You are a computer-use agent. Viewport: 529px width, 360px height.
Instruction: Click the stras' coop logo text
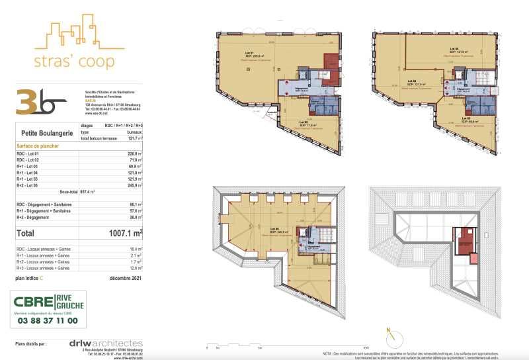[73, 62]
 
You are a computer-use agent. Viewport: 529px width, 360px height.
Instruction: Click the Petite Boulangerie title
[46, 132]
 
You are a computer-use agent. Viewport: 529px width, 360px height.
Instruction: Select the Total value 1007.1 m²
[125, 233]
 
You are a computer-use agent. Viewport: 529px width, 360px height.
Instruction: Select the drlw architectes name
[106, 343]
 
